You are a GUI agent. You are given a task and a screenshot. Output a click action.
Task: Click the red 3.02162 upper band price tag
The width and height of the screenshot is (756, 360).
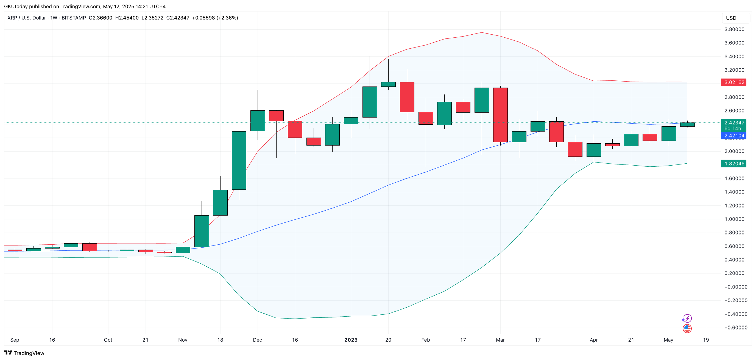[x=733, y=82]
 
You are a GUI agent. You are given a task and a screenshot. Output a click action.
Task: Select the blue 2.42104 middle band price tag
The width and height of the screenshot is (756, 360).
[x=733, y=136]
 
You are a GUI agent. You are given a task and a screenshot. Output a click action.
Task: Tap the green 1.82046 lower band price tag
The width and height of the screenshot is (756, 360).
[x=733, y=163]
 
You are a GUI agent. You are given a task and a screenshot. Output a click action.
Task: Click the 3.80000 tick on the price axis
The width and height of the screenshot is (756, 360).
[x=734, y=29]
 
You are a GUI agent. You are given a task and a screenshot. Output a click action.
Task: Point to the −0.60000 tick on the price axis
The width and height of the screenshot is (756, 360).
[x=735, y=327]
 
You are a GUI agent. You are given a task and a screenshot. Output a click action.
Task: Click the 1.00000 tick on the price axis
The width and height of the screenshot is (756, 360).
[x=734, y=219]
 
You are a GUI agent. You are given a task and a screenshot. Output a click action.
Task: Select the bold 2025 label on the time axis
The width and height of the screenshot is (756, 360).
[x=351, y=340]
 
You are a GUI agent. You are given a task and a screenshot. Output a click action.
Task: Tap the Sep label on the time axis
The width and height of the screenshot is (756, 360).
[x=15, y=340]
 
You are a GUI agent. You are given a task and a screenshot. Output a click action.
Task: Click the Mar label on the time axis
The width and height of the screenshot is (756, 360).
[x=500, y=340]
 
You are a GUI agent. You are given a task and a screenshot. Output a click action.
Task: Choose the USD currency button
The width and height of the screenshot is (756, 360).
[x=731, y=18]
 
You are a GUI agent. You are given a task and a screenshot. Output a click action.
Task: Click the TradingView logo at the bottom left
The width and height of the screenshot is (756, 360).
[x=24, y=353]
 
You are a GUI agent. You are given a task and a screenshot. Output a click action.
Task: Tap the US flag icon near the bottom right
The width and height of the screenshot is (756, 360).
[x=687, y=328]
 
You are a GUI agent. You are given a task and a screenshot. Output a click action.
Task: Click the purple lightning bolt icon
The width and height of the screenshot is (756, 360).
[x=687, y=318]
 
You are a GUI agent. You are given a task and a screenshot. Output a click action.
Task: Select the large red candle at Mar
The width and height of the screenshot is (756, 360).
[x=500, y=115]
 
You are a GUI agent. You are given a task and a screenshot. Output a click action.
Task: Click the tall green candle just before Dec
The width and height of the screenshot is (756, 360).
[x=239, y=160]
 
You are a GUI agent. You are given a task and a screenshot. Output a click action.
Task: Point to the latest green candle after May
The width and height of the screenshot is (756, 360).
[x=687, y=124]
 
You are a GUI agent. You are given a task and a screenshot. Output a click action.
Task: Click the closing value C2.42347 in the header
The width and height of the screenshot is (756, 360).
[x=178, y=18]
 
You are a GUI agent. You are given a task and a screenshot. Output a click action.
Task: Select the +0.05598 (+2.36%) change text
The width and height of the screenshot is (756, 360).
[x=215, y=18]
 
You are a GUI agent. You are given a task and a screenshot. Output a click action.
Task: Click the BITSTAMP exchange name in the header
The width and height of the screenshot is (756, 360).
[x=74, y=18]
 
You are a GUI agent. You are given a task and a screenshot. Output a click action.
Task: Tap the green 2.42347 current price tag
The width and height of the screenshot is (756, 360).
[x=733, y=123]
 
